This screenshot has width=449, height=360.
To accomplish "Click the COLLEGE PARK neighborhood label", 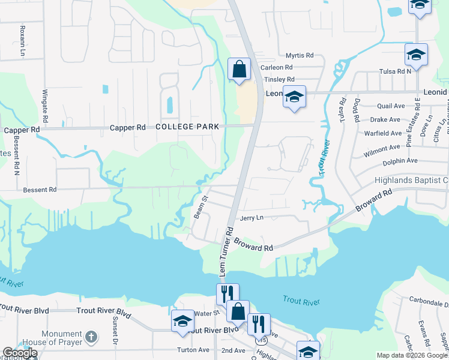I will point(187,127).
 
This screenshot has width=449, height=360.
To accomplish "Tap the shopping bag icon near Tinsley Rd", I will point(239,69).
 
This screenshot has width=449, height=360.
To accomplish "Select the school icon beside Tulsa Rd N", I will point(416,55).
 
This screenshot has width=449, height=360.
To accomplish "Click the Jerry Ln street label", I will point(252,219).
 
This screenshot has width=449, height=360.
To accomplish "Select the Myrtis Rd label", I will point(300,55).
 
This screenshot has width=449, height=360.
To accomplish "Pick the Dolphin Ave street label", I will point(400,161).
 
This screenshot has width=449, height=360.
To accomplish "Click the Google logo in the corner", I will point(20,353).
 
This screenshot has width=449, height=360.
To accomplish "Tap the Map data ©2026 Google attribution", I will point(411,355).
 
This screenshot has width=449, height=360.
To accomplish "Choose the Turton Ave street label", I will point(192,350).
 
